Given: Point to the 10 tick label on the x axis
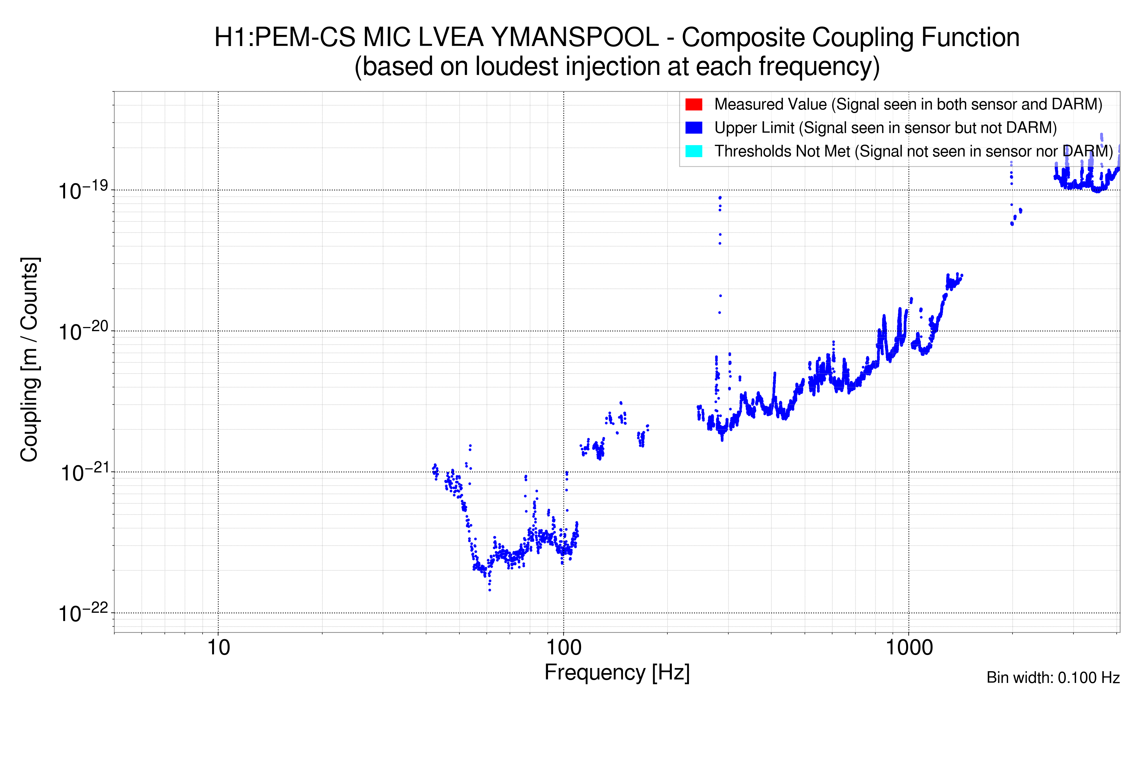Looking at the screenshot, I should (218, 648).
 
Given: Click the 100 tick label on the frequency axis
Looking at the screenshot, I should (564, 648).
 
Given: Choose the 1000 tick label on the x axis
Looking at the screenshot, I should (909, 648).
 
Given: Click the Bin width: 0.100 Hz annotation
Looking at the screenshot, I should (1053, 678).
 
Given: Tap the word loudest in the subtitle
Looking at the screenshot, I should (516, 67).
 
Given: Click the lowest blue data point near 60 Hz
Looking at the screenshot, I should (489, 590).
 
